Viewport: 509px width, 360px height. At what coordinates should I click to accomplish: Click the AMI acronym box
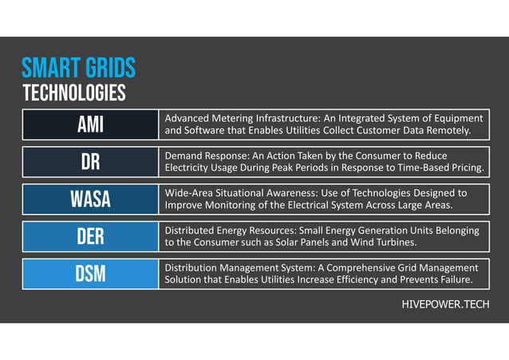[89, 125]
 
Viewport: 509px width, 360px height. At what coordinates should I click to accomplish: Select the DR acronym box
[89, 162]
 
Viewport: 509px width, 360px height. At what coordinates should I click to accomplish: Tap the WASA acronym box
[89, 200]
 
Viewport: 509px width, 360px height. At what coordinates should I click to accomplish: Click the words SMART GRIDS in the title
[78, 67]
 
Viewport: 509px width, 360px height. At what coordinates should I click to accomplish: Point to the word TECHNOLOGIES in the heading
[73, 93]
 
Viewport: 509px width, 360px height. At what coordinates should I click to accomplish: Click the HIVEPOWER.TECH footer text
[445, 305]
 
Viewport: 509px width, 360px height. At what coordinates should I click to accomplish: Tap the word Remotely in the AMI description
[448, 130]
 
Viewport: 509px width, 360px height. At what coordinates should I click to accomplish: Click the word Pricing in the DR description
[464, 168]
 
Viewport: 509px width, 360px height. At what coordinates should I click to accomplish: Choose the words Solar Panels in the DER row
[300, 243]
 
